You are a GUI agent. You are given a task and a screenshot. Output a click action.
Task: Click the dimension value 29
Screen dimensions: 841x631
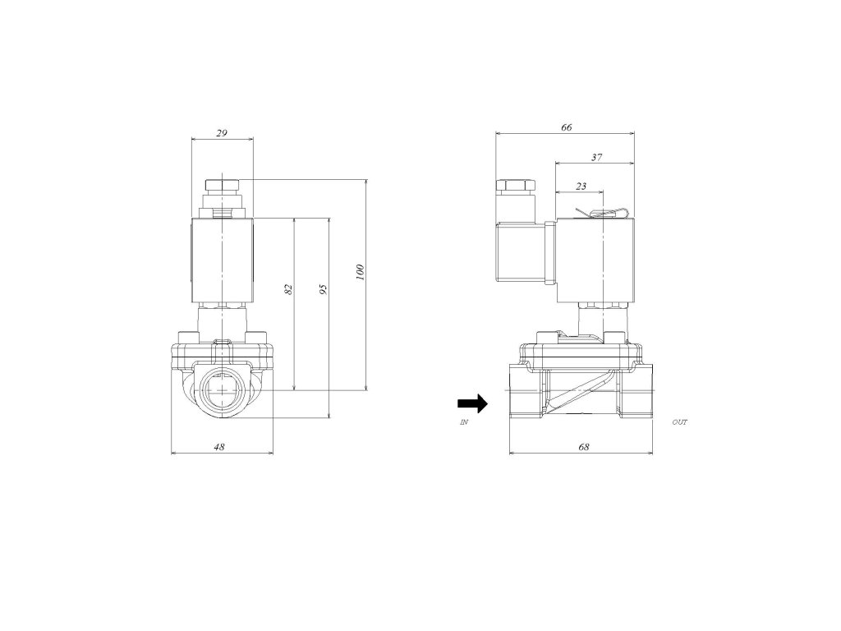point(222,131)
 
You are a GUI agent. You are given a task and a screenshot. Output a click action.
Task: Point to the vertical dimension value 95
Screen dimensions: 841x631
point(324,288)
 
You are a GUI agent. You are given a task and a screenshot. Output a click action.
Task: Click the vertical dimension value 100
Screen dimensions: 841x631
point(360,272)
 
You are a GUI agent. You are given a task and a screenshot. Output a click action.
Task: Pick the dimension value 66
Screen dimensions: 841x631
point(566,127)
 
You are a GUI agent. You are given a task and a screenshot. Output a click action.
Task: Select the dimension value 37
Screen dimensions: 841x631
point(596,156)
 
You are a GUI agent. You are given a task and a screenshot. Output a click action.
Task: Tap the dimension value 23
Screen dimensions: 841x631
point(581,187)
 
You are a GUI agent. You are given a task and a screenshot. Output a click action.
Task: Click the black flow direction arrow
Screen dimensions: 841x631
point(472,403)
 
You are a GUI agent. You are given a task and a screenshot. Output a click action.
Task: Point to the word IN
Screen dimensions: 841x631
point(465,421)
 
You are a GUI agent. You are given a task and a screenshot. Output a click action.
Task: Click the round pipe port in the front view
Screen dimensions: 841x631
point(222,391)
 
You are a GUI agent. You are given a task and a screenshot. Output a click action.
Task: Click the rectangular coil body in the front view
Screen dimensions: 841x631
point(223,260)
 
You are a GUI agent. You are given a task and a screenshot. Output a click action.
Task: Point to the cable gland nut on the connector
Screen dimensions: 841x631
point(514,189)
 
